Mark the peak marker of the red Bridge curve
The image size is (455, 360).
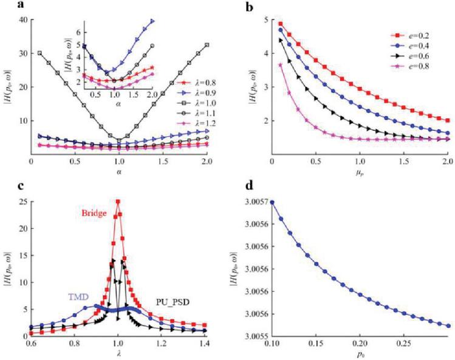(x=118, y=202)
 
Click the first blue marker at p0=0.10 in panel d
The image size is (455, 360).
(x=272, y=202)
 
